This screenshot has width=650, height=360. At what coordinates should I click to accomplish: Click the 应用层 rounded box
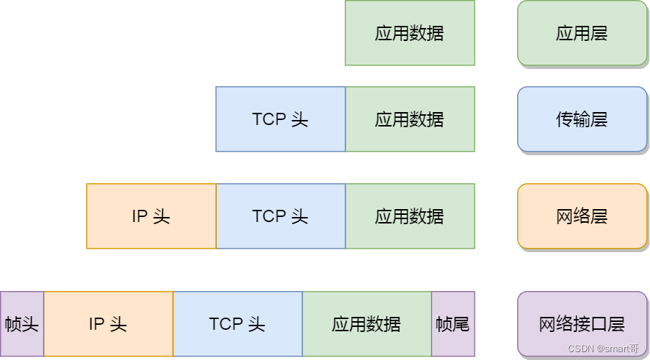pyautogui.click(x=582, y=33)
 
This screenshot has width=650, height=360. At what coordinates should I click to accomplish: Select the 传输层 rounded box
pyautogui.click(x=582, y=119)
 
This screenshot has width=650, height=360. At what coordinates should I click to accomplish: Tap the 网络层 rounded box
pyautogui.click(x=582, y=216)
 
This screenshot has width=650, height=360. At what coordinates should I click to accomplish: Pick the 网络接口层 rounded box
pyautogui.click(x=582, y=324)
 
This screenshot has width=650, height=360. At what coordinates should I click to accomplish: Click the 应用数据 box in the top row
pyautogui.click(x=409, y=33)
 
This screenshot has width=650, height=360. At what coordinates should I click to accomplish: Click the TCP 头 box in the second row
pyautogui.click(x=280, y=119)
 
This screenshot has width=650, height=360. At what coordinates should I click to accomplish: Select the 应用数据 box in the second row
pyautogui.click(x=409, y=119)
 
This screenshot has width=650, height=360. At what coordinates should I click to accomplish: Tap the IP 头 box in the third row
pyautogui.click(x=151, y=216)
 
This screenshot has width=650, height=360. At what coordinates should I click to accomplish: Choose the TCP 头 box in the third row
pyautogui.click(x=280, y=216)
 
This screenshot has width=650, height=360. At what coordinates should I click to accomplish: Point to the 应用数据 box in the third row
pyautogui.click(x=409, y=216)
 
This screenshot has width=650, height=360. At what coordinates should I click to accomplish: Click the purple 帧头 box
pyautogui.click(x=22, y=324)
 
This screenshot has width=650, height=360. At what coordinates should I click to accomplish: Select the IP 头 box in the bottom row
pyautogui.click(x=108, y=324)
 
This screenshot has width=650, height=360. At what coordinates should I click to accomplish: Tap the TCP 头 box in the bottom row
pyautogui.click(x=237, y=324)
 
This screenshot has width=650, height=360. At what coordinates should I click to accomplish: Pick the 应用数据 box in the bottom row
pyautogui.click(x=366, y=324)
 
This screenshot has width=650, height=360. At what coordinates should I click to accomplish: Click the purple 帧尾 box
pyautogui.click(x=452, y=324)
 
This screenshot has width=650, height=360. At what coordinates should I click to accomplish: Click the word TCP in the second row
pyautogui.click(x=269, y=119)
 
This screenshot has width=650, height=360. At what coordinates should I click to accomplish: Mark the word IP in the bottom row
pyautogui.click(x=97, y=324)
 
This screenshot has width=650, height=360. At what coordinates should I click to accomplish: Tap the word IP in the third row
pyautogui.click(x=140, y=216)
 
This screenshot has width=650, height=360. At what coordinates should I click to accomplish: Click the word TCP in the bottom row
pyautogui.click(x=226, y=324)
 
